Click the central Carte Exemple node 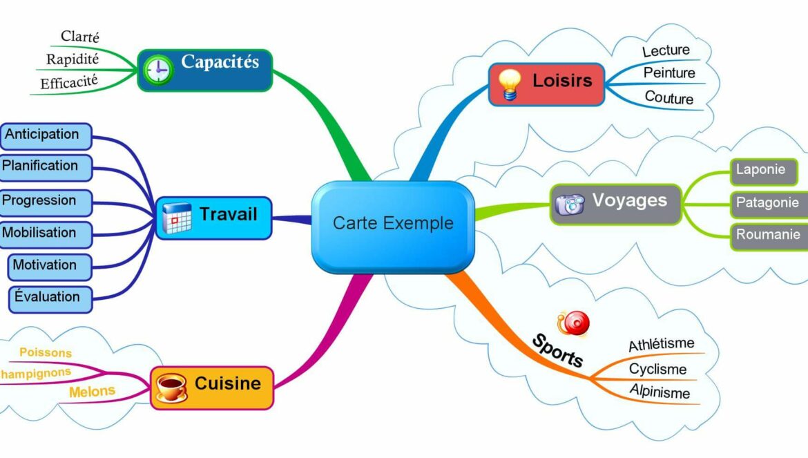(393, 224)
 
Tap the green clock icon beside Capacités (159, 70)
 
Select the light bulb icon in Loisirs (510, 84)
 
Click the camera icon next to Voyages (570, 204)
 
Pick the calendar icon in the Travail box (177, 218)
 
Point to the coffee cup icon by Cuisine (171, 387)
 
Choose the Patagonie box (767, 203)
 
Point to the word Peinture (669, 73)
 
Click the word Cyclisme (657, 370)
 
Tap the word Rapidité (73, 59)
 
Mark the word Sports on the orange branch (557, 351)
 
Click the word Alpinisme (660, 392)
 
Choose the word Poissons (46, 353)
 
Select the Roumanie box (767, 235)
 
